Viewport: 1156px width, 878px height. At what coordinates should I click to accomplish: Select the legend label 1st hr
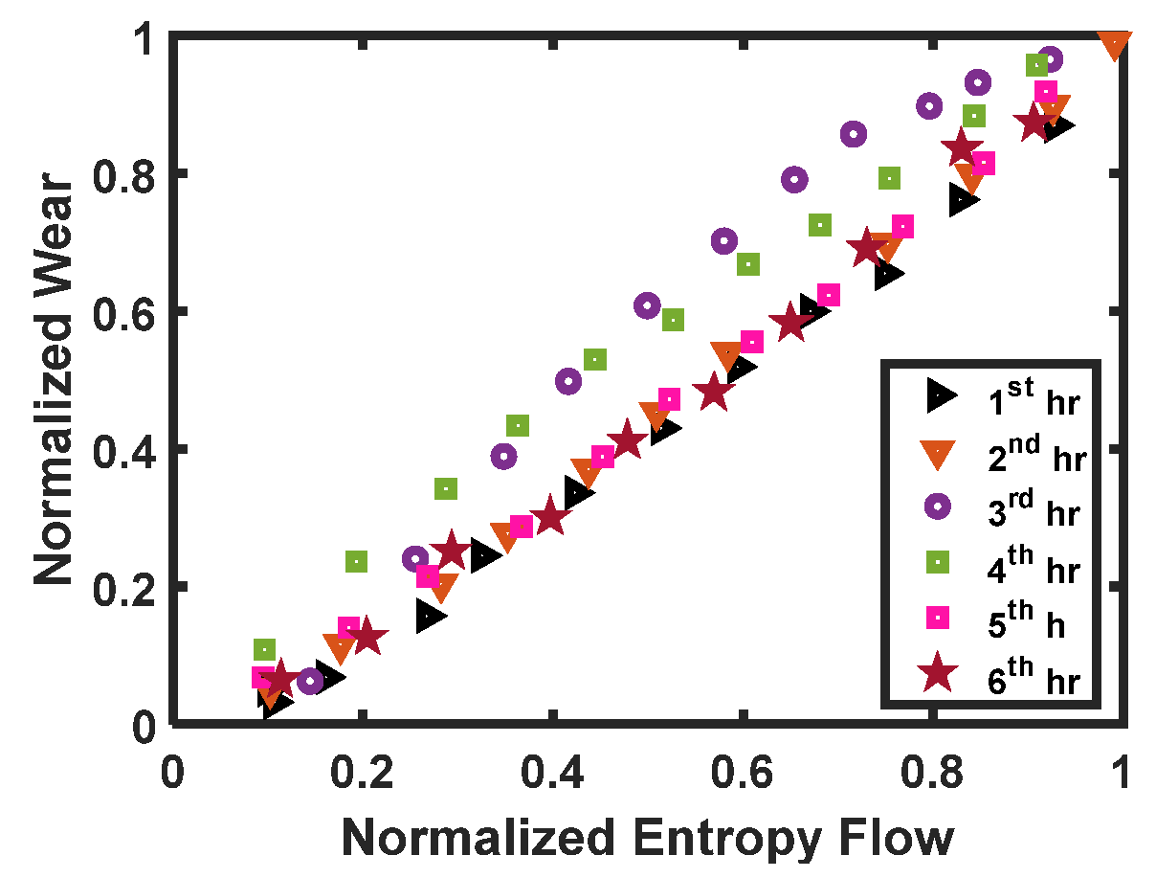tap(1034, 400)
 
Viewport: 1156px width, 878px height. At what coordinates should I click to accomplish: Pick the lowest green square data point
tap(264, 649)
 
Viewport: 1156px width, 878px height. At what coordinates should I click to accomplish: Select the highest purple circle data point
tap(1050, 59)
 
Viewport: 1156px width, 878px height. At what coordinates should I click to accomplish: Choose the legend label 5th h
tap(1030, 623)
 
